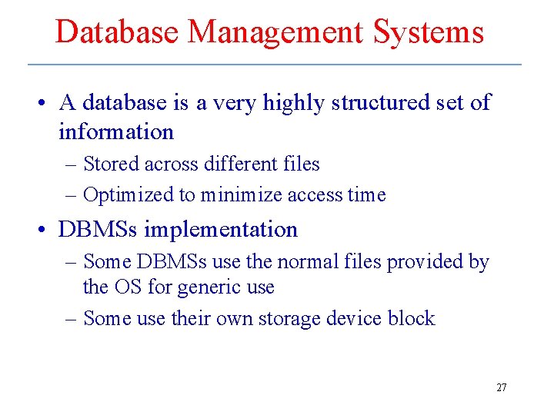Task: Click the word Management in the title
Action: pos(275,32)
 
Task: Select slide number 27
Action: pos(501,388)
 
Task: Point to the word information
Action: pos(116,132)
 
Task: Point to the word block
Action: pos(411,318)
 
